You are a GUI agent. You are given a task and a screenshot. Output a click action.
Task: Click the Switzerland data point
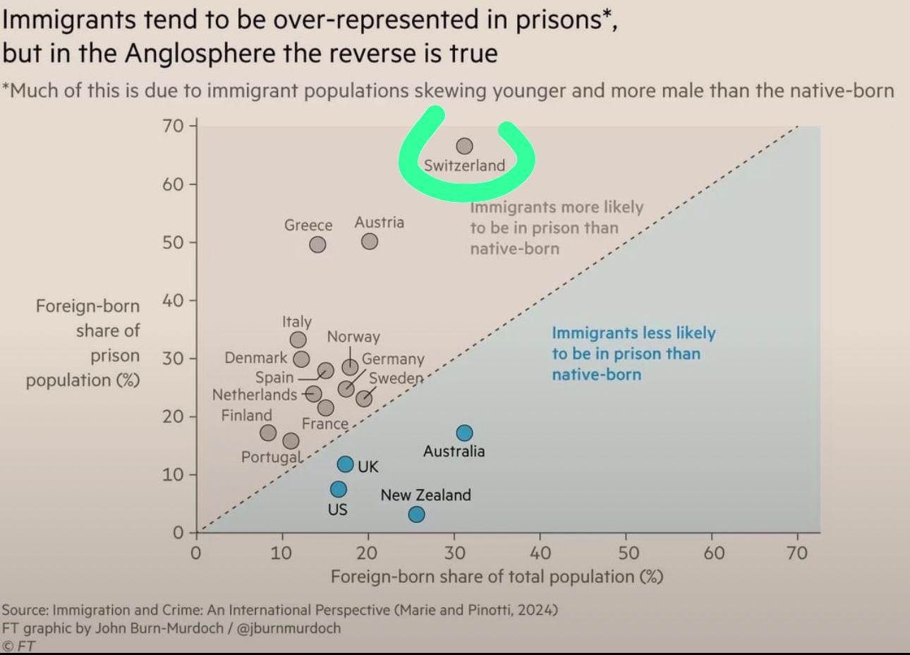click(x=464, y=146)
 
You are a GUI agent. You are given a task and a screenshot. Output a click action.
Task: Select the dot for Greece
click(x=317, y=244)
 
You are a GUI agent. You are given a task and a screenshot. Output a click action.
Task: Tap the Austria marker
click(x=369, y=241)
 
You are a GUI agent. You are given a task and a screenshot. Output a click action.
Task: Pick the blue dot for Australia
click(x=464, y=433)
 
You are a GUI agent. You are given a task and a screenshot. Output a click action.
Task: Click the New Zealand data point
click(x=416, y=515)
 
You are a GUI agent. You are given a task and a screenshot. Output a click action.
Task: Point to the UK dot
click(x=345, y=464)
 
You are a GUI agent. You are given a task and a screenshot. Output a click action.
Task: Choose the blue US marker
click(x=339, y=489)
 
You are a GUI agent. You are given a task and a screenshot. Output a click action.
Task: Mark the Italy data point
click(x=298, y=340)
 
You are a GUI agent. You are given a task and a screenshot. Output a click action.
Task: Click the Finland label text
click(x=246, y=415)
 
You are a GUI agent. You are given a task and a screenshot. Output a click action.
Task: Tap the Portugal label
click(x=271, y=457)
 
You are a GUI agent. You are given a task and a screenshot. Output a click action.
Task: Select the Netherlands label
click(x=255, y=395)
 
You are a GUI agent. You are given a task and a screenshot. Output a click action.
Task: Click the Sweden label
click(x=396, y=378)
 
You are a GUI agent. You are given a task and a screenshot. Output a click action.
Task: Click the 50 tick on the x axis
click(x=628, y=552)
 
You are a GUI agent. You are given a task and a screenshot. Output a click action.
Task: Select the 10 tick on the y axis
click(x=173, y=474)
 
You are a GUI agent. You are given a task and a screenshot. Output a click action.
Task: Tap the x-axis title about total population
click(x=497, y=577)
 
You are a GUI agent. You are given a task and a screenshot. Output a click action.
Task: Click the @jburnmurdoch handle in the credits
click(x=289, y=627)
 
